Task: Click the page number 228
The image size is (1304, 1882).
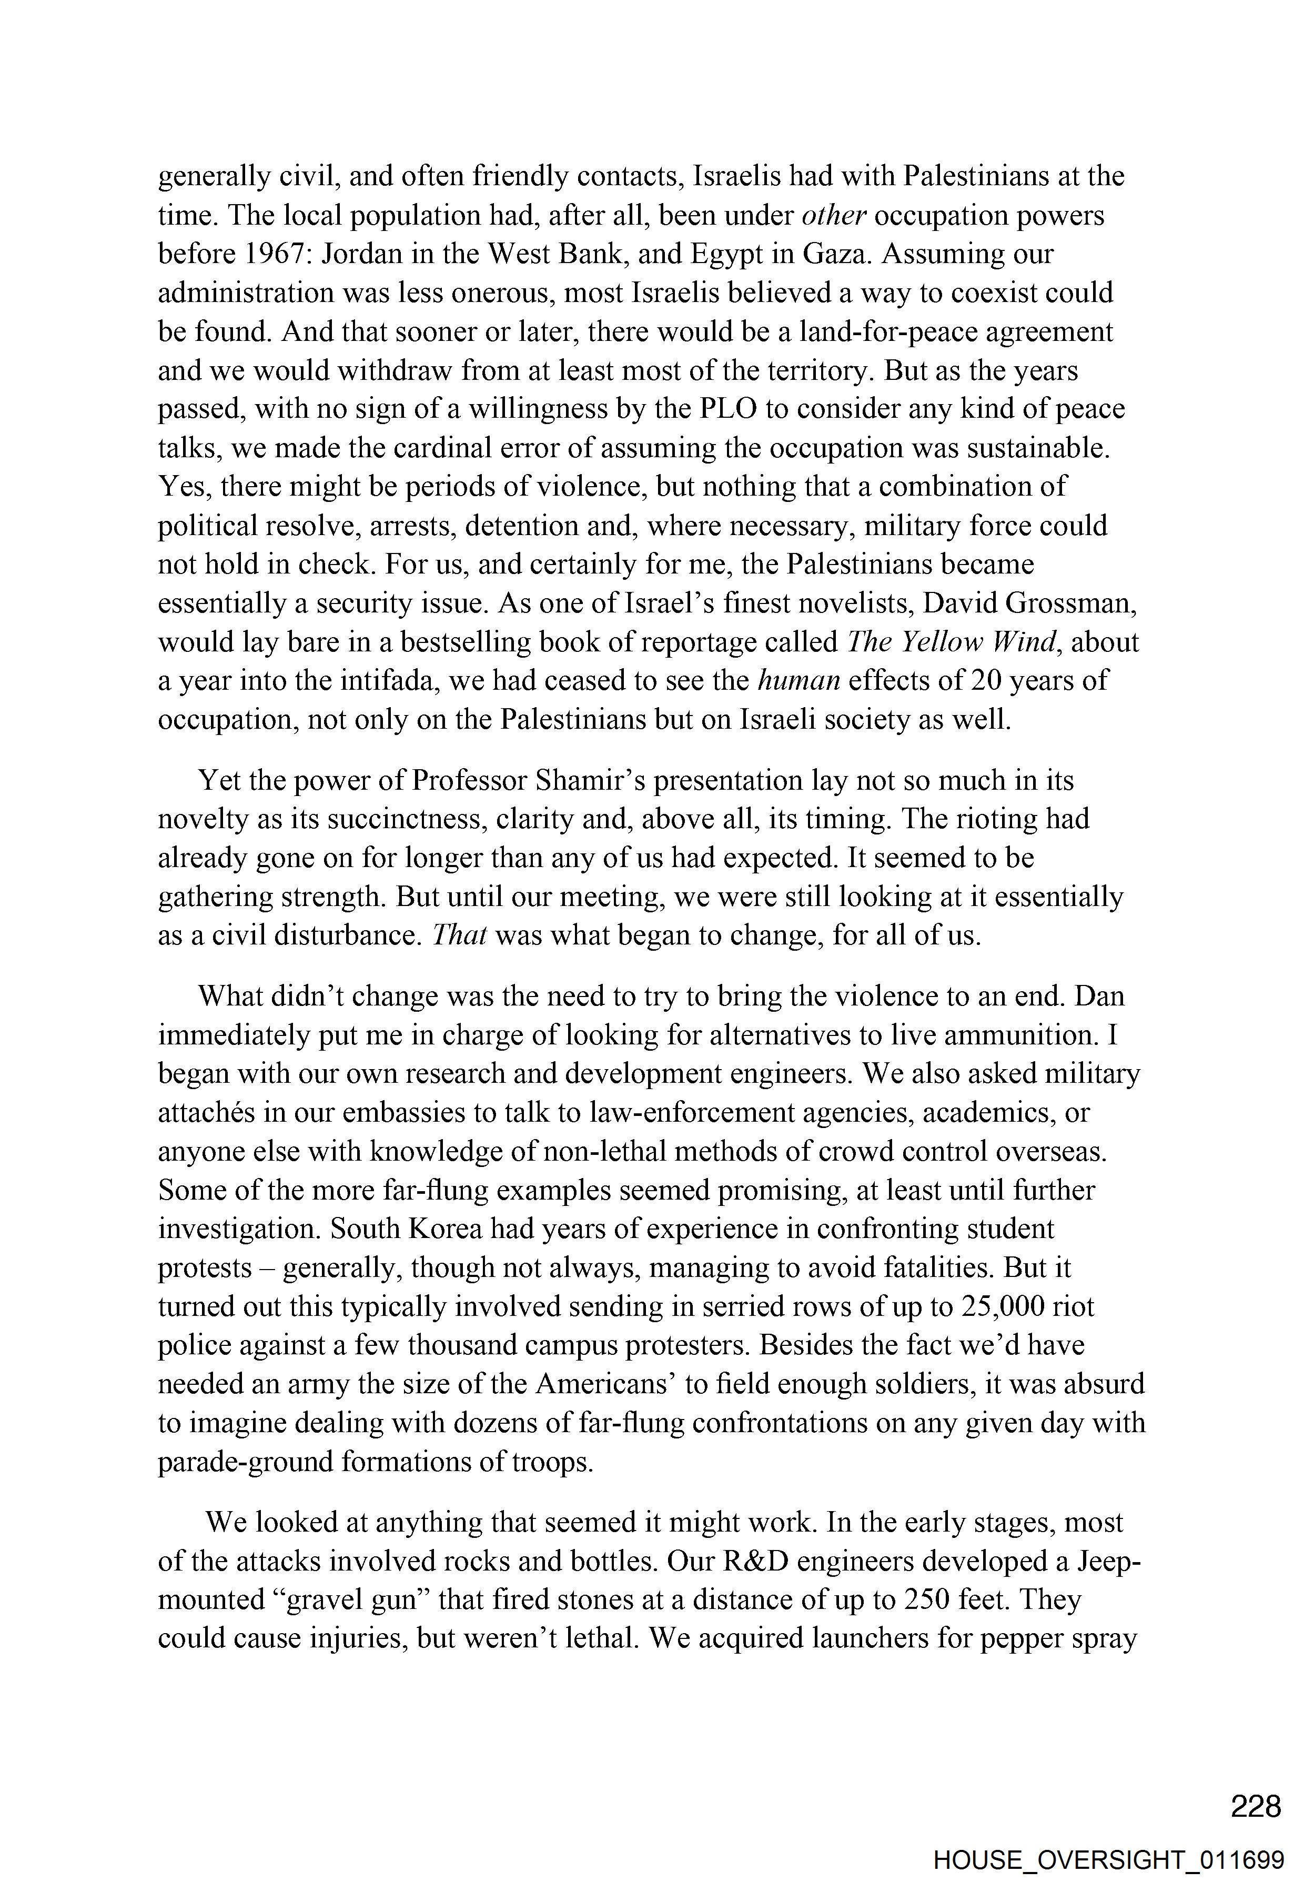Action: click(x=1256, y=1806)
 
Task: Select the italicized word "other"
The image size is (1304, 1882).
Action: click(x=833, y=216)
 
